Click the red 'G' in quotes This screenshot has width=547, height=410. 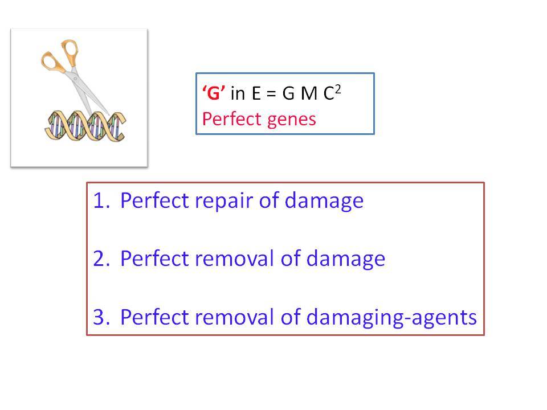click(214, 93)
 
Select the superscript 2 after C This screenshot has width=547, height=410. click(338, 90)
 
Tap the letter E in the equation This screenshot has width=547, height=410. click(256, 93)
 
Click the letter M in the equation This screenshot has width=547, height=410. click(309, 93)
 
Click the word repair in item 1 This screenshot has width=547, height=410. click(223, 202)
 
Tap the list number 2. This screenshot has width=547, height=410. click(101, 259)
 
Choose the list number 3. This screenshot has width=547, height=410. click(101, 317)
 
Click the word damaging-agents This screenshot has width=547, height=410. click(391, 318)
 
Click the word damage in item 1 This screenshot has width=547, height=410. click(324, 202)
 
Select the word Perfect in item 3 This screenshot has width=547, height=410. click(154, 317)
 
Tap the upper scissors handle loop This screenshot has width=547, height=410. click(70, 52)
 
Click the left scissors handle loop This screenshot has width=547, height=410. click(52, 62)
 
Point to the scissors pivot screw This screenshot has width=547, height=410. click(75, 79)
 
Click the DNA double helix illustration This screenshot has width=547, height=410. click(85, 126)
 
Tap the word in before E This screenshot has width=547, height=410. click(238, 93)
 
